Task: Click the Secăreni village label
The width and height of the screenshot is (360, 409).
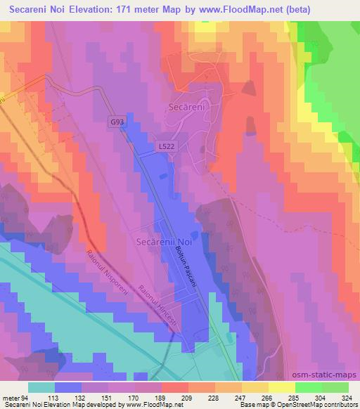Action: click(186, 108)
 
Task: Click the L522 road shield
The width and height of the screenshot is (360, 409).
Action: click(165, 145)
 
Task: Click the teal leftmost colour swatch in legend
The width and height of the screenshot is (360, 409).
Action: click(41, 387)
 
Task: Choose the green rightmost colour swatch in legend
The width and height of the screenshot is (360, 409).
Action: click(335, 387)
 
